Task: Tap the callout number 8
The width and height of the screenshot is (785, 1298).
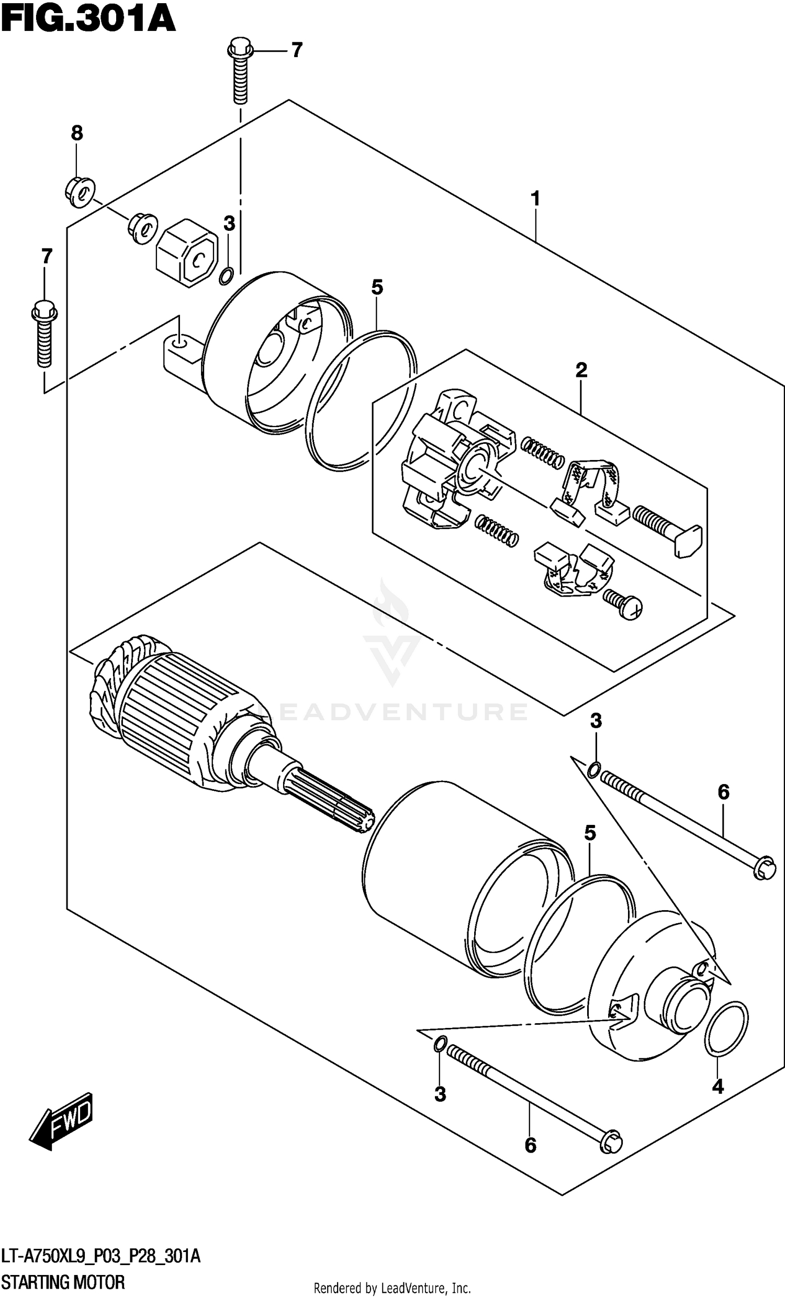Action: coord(77,133)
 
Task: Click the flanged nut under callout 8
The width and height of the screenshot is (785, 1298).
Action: coord(80,193)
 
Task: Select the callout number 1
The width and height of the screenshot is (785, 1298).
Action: coord(535,199)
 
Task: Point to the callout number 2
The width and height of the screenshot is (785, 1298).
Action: coord(581,371)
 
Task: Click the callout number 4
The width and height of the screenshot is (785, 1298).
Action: coord(717,1086)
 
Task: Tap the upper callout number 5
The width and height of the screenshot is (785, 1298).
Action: coord(377,287)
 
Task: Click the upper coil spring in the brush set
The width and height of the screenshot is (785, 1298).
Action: coord(543,452)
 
